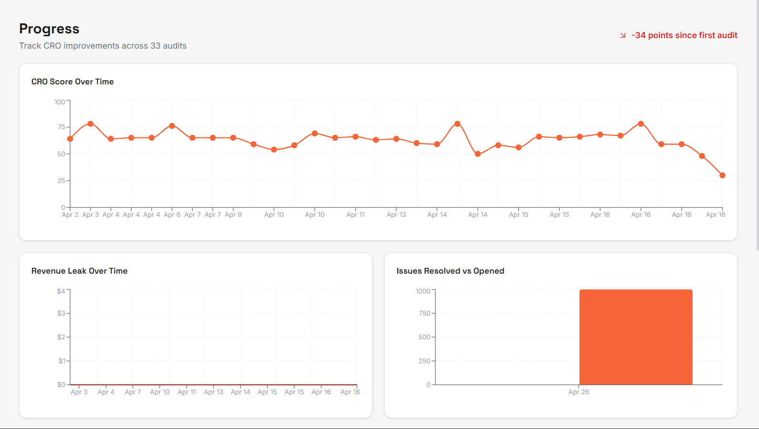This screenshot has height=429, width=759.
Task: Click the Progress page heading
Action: pos(49,29)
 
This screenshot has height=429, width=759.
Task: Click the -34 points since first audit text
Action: pos(684,35)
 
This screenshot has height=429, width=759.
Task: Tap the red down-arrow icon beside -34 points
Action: pos(622,36)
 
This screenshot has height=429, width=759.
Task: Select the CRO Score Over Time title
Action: pos(72,82)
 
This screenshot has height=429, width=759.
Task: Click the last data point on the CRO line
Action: pos(722,175)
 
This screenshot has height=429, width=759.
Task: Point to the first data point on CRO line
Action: pos(70,139)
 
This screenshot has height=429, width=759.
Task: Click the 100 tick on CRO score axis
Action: pos(60,102)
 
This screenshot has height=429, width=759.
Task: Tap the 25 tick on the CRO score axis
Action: pos(61,181)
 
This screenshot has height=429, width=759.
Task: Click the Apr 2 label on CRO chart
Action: pos(70,214)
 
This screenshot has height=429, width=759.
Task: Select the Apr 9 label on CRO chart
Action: pos(233,214)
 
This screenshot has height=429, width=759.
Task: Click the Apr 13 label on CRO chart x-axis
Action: pos(396,214)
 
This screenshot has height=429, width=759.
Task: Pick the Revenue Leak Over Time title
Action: pos(80,271)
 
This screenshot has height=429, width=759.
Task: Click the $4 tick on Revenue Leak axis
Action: pos(61,291)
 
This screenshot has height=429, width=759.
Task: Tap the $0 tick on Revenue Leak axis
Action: pos(61,385)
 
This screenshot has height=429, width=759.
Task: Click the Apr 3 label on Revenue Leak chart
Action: pos(79,392)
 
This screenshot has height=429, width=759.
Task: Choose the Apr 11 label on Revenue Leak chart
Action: pos(187,392)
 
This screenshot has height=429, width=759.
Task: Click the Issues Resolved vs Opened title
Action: pos(450,271)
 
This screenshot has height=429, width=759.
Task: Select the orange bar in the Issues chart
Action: pos(636,337)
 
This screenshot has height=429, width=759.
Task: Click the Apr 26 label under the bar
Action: pos(579,392)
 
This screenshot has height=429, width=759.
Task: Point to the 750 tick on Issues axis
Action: pos(424,313)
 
